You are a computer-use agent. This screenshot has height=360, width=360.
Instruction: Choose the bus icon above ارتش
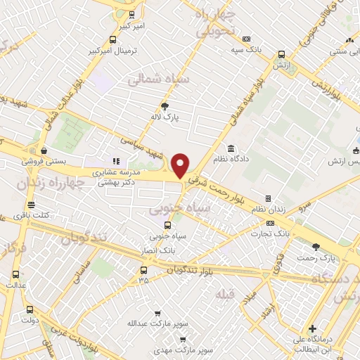click(x=281, y=54)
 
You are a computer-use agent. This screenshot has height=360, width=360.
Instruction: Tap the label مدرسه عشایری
click(x=116, y=172)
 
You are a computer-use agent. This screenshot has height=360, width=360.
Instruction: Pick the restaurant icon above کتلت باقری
click(x=35, y=205)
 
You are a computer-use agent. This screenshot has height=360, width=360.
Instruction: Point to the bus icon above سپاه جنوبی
click(x=167, y=225)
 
